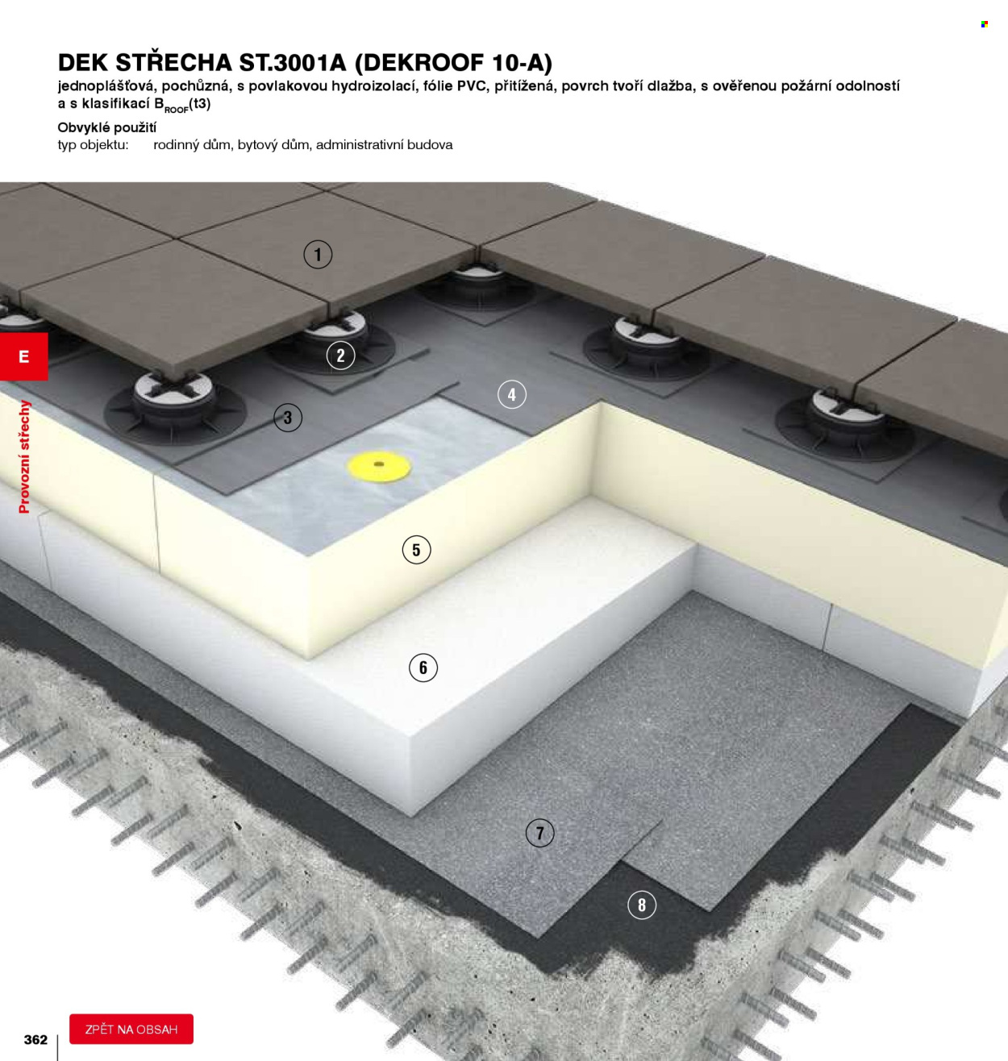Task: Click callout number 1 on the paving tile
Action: coord(318,255)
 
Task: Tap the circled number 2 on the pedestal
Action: coord(340,356)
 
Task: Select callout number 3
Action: coord(288,418)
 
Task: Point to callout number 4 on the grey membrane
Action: coord(512,394)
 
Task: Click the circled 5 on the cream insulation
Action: coord(416,550)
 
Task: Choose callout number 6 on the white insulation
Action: coord(423,668)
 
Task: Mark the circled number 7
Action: coord(540,834)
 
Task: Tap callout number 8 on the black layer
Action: coord(642,905)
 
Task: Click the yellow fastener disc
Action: coord(379,466)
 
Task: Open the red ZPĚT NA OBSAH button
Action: coord(131,1030)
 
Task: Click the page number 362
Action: coord(35,1040)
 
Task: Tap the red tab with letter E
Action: coord(23,356)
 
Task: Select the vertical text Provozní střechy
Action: coord(24,456)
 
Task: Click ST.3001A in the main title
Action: coord(292,63)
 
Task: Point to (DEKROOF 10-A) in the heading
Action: coord(453,63)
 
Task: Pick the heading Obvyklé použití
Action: coord(107,128)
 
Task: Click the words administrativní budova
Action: coord(385,144)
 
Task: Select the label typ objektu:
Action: coord(94,145)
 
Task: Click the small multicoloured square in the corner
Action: coord(985,24)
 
